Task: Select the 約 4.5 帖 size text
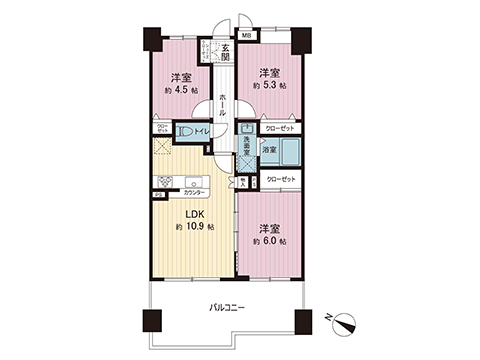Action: [x=181, y=89]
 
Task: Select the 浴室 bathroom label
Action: [x=269, y=150]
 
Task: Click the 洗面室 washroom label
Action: [x=245, y=147]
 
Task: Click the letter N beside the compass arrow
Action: [x=329, y=316]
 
